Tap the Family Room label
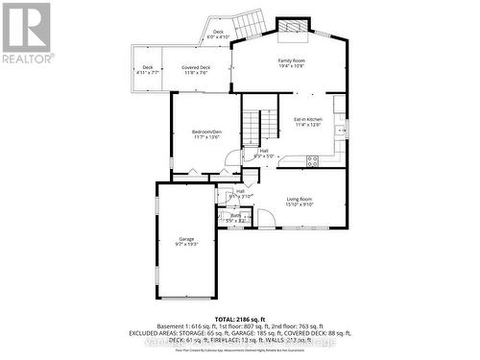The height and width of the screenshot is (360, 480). [x=292, y=61]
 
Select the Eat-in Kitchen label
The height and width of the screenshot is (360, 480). [x=306, y=119]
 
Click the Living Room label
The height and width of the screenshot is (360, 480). [x=300, y=199]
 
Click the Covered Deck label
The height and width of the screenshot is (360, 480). [x=196, y=67]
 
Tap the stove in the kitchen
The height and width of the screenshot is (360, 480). [x=341, y=130]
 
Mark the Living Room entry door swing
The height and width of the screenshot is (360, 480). [x=266, y=219]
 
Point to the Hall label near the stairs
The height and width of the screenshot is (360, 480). [x=263, y=150]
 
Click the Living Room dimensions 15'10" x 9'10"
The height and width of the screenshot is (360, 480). [x=300, y=204]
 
